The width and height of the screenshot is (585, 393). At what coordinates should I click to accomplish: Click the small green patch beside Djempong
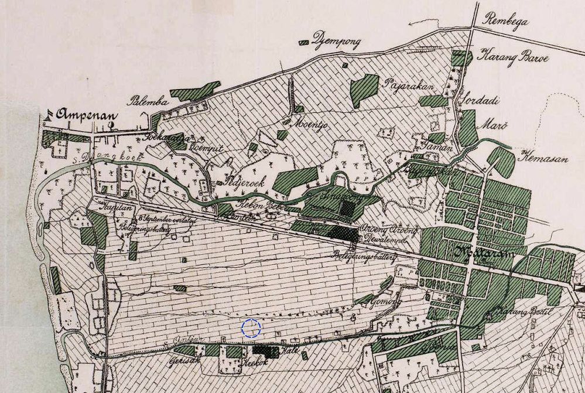coord(304,43)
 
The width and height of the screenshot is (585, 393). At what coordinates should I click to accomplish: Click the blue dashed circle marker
coord(251,329)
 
